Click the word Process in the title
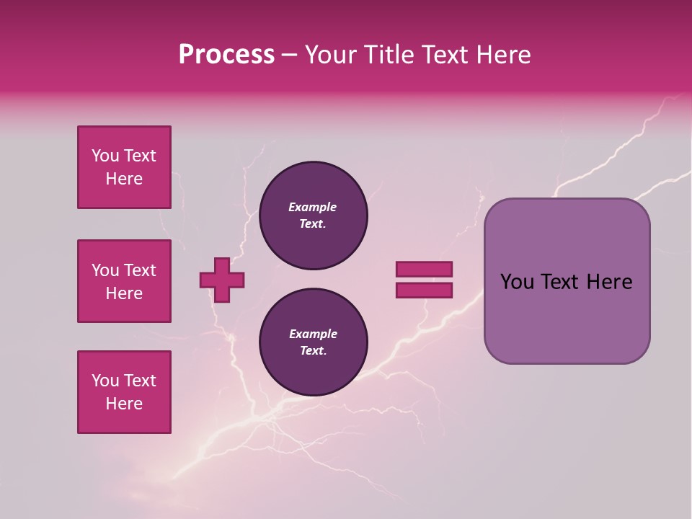[226, 55]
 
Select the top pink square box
[124, 167]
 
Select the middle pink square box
[124, 281]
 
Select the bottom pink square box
[124, 392]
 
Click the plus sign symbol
[222, 280]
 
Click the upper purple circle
[313, 216]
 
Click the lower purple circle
[313, 342]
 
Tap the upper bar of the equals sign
[424, 270]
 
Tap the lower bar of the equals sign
[424, 290]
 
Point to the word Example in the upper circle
[313, 208]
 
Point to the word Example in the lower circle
[313, 334]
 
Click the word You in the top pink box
[105, 156]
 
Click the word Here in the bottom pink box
[124, 404]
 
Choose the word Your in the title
[330, 55]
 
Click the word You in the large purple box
[516, 282]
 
